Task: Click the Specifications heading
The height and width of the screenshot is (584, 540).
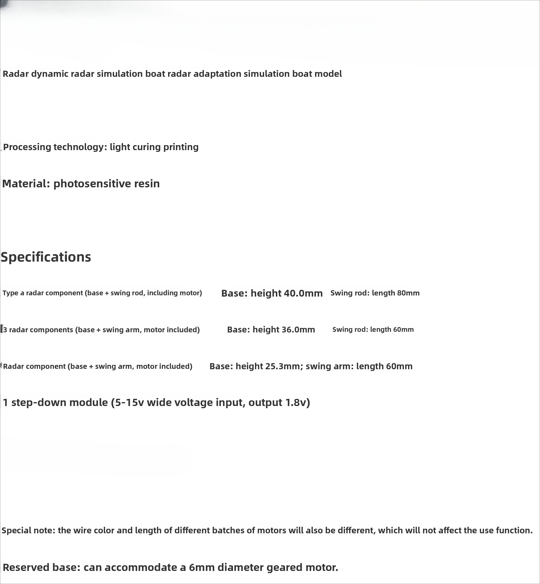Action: point(46,257)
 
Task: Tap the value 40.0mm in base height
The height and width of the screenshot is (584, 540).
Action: point(303,293)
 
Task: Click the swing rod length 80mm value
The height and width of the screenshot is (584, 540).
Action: point(408,293)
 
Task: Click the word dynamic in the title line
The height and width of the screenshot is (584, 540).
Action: point(50,74)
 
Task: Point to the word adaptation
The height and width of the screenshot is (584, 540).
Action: point(217,74)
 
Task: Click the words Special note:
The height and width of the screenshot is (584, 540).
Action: point(28,530)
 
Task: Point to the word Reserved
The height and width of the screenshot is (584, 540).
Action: point(26,567)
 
